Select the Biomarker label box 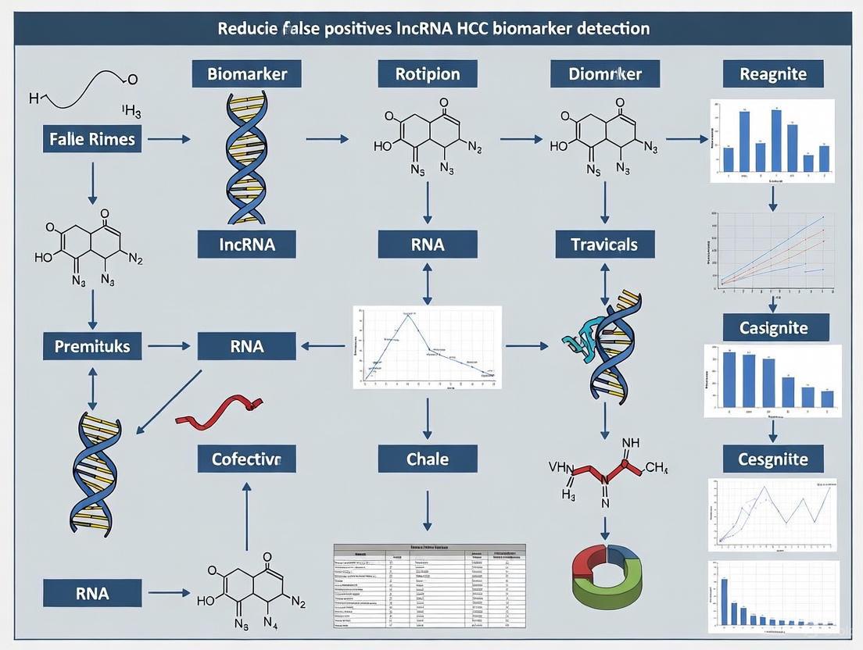click(247, 75)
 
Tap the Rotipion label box click(427, 75)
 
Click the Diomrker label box click(605, 75)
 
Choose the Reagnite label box click(773, 75)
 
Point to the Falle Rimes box click(92, 140)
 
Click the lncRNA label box click(247, 245)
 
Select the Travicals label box click(605, 245)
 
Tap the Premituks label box click(92, 345)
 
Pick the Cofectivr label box click(247, 459)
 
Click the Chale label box click(427, 459)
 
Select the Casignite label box click(773, 327)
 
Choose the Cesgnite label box click(773, 459)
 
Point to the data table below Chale click(429, 585)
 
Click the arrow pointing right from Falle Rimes click(169, 140)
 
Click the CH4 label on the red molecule click(656, 469)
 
